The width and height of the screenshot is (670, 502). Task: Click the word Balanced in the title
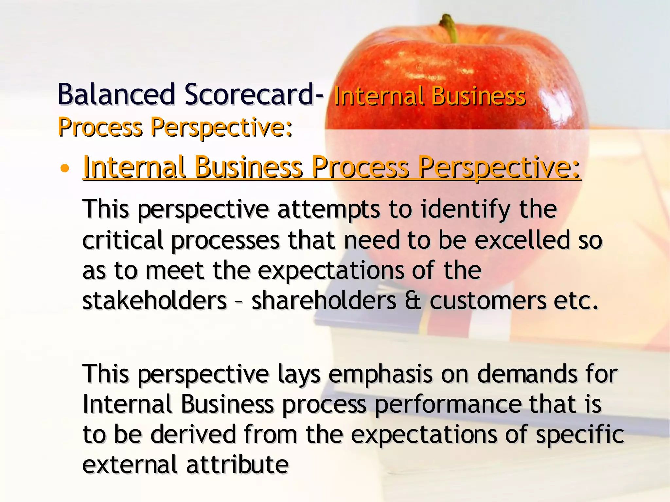tap(116, 95)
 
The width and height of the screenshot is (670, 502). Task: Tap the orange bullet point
tap(65, 169)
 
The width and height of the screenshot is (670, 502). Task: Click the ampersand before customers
tap(413, 301)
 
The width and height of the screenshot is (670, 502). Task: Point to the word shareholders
tap(324, 301)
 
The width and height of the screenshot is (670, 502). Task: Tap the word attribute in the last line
tap(238, 465)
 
